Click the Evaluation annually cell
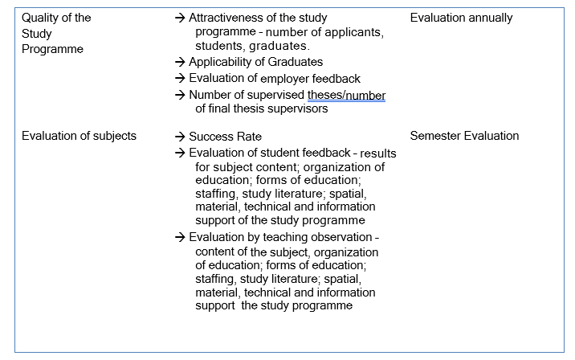[x=461, y=18]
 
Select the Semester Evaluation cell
[x=464, y=136]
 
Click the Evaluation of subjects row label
[x=79, y=136]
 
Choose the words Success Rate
[x=225, y=137]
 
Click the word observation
[x=342, y=237]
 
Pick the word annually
[x=489, y=18]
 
